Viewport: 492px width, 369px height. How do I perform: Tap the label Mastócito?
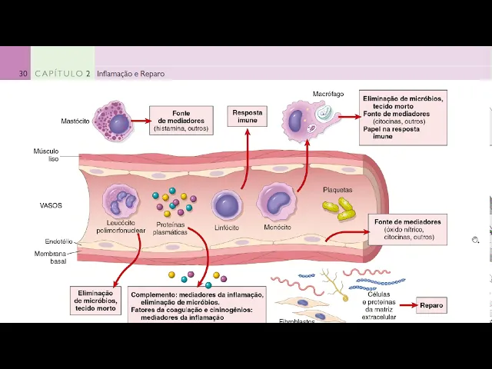click(75, 121)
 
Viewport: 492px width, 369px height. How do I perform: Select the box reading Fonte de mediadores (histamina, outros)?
click(181, 121)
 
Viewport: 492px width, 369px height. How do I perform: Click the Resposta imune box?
click(248, 117)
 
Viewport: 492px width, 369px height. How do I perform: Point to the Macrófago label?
click(327, 94)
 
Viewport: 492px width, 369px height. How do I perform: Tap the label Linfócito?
click(226, 228)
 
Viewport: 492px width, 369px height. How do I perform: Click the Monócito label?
click(277, 228)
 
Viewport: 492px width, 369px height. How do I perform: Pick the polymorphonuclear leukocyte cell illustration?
click(120, 201)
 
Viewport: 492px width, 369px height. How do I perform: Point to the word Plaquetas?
click(337, 189)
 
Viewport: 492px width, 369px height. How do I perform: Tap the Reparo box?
click(431, 306)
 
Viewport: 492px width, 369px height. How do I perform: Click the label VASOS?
click(51, 206)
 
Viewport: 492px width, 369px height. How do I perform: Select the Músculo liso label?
click(46, 155)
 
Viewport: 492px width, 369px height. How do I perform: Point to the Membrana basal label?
click(50, 257)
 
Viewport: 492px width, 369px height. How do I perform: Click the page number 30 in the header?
click(23, 74)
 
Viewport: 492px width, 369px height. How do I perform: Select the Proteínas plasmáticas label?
click(170, 228)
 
